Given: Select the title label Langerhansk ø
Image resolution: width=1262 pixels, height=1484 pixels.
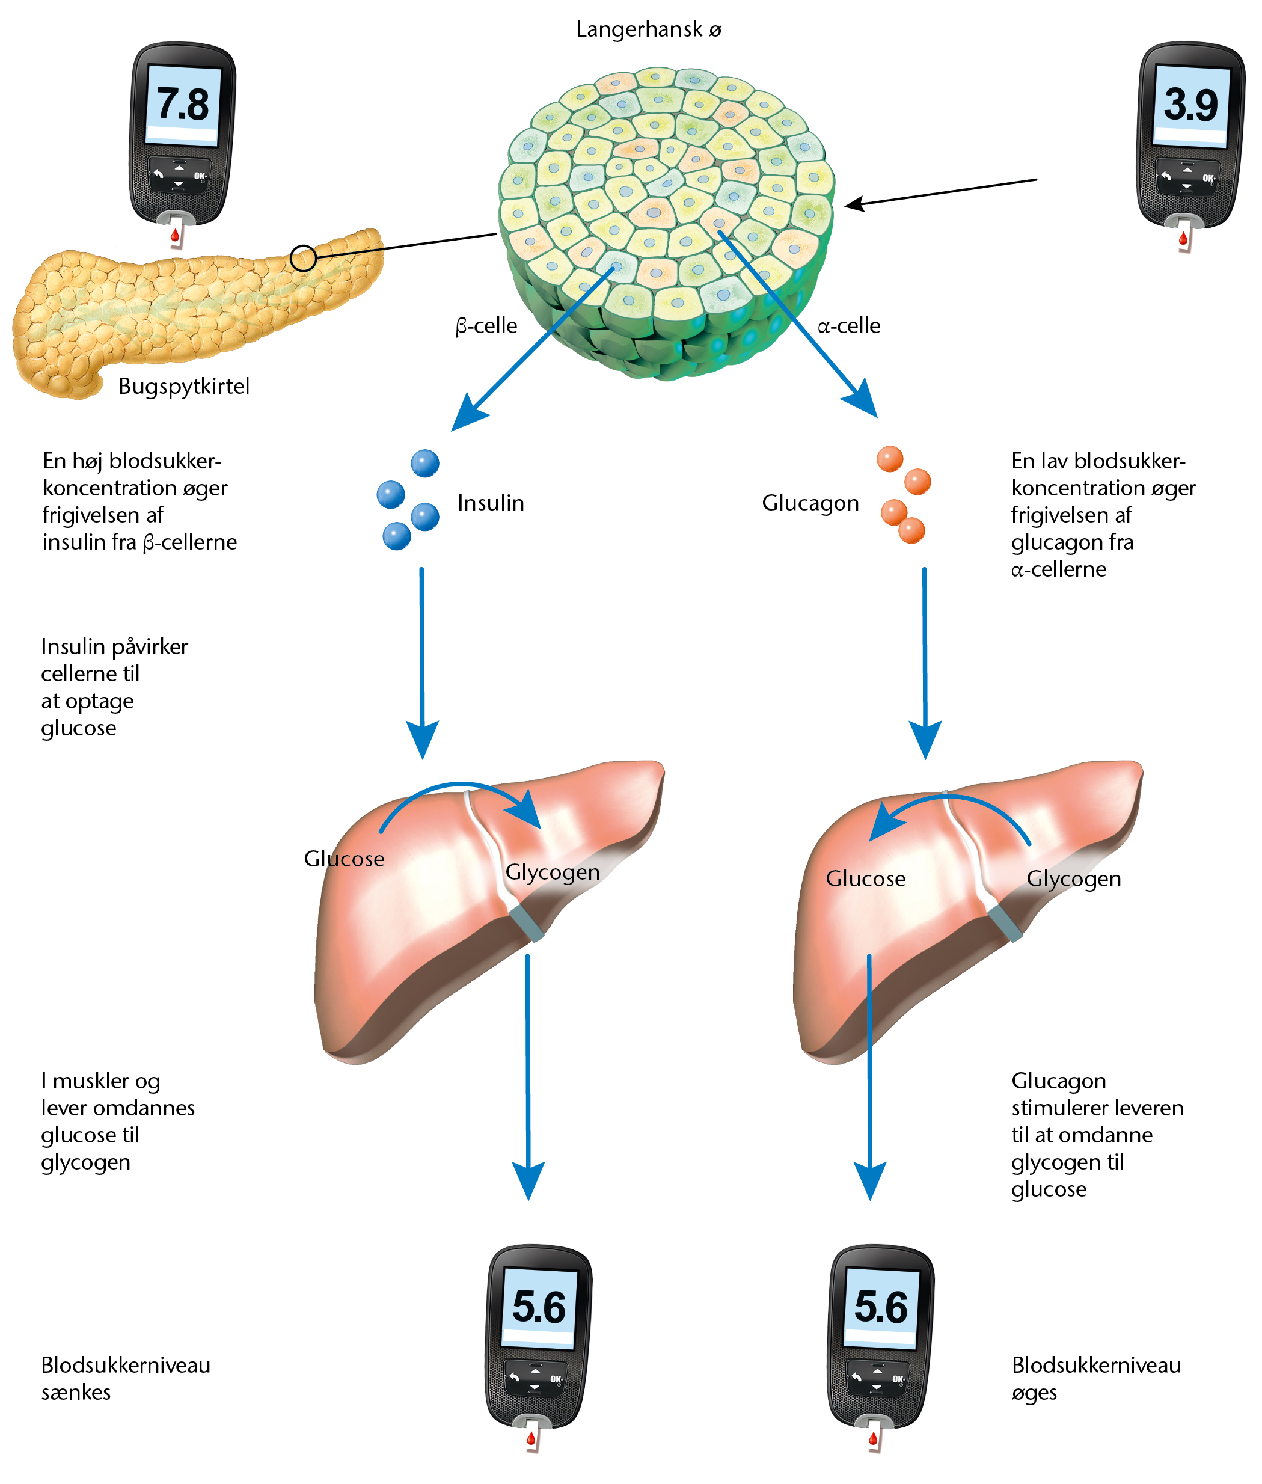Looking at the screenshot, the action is pos(648,29).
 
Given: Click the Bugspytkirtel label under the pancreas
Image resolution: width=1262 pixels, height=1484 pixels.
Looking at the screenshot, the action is pos(184,387).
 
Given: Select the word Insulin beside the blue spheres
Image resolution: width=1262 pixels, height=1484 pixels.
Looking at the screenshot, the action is pos(491,503).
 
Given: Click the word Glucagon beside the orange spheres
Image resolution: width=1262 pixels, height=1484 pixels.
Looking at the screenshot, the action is pos(810,504).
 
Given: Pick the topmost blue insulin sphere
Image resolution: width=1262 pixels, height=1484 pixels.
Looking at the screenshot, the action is pos(425,463).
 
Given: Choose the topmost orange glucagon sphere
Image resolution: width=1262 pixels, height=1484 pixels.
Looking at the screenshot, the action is pos(890,459).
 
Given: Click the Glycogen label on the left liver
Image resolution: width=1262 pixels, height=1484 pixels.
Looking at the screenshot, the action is pos(553,873).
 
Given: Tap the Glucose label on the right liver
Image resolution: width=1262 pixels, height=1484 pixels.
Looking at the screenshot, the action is pos(866,878).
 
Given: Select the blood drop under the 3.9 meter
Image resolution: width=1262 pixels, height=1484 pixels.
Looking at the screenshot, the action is pos(1183,238).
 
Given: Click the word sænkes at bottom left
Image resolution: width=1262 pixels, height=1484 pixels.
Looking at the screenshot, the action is pos(76,1393).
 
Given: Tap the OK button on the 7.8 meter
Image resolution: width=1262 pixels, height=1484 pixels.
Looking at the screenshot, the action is pos(199,176).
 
